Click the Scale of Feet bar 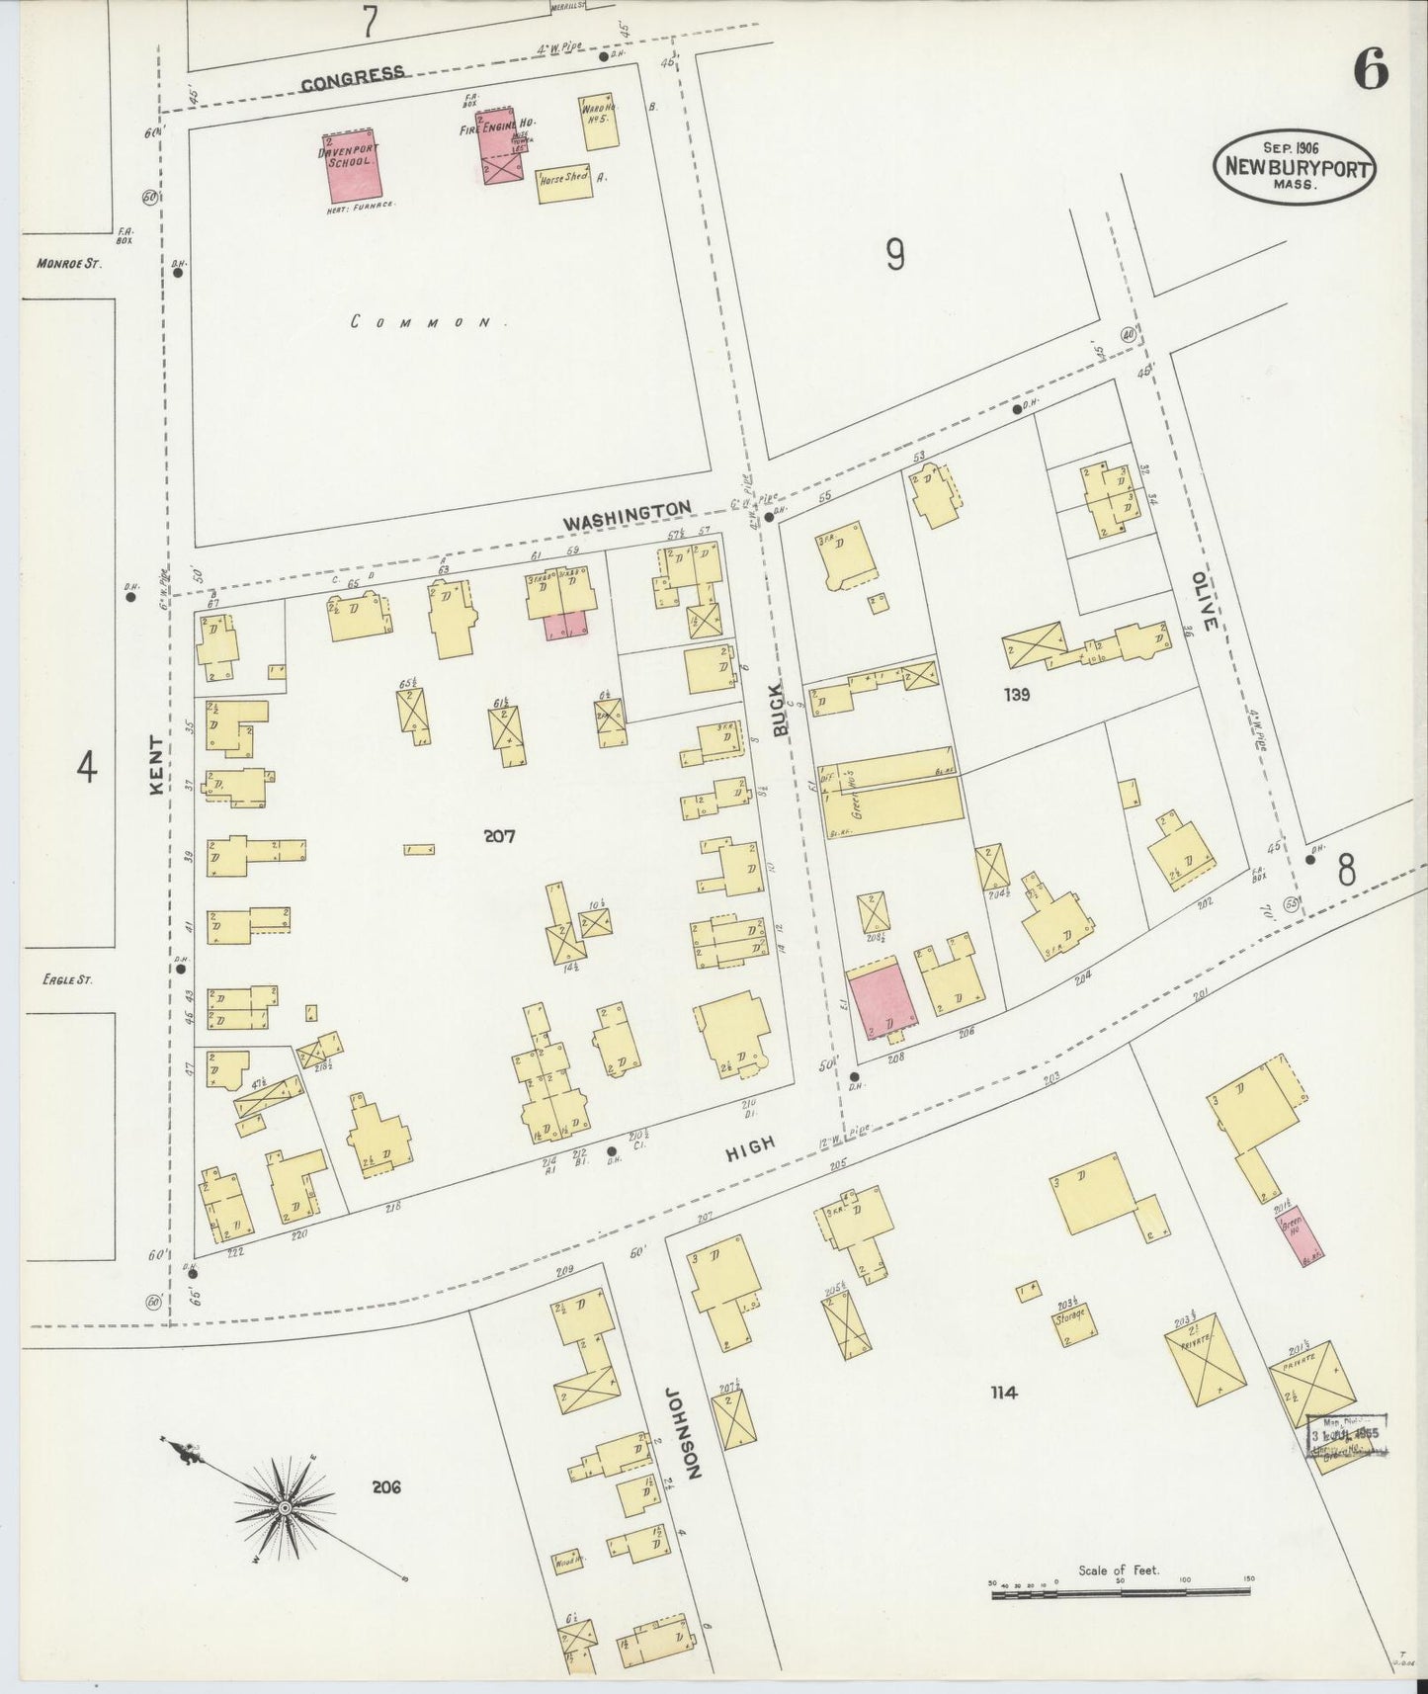tap(1120, 1591)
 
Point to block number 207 tap(500, 836)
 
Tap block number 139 tap(1016, 695)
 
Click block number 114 tap(1003, 1393)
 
